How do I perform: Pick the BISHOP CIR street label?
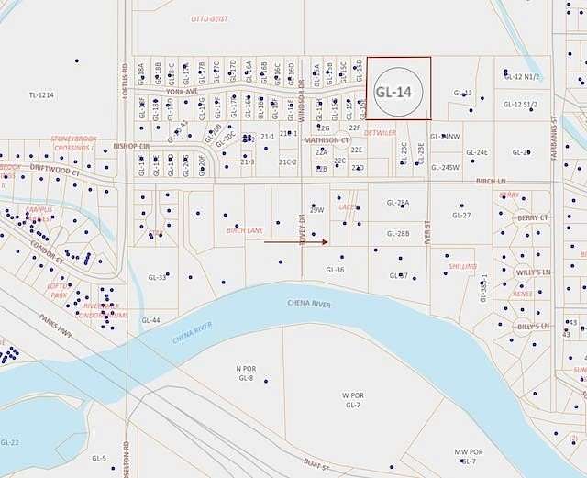[x=131, y=146]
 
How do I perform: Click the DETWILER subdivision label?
[x=380, y=133]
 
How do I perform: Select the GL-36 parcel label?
[x=335, y=270]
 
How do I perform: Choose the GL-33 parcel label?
[x=157, y=277]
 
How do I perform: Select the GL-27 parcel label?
[x=460, y=216]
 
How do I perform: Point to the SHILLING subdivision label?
[x=462, y=266]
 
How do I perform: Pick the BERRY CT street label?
[x=532, y=218]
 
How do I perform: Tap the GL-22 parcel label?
[x=10, y=442]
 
